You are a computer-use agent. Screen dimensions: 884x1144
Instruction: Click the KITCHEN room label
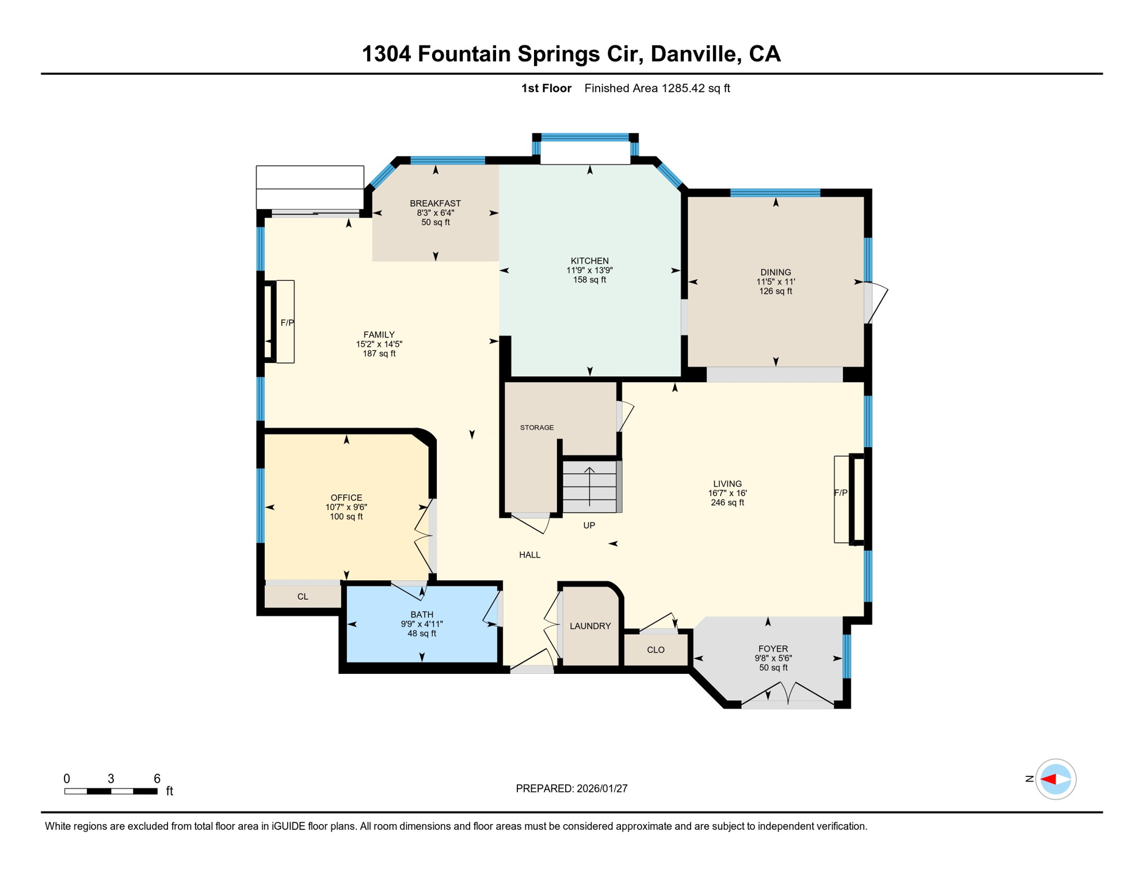pyautogui.click(x=589, y=261)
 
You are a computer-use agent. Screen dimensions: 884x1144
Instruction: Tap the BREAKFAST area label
pyautogui.click(x=435, y=203)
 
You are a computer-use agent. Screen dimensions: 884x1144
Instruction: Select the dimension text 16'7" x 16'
pyautogui.click(x=727, y=493)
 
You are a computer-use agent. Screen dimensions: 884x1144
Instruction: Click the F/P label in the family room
pyautogui.click(x=287, y=323)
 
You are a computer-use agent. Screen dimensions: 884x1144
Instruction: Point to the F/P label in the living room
pyautogui.click(x=840, y=493)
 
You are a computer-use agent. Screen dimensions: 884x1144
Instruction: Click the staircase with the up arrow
pyautogui.click(x=589, y=486)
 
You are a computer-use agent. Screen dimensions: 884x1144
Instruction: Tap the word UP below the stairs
pyautogui.click(x=589, y=525)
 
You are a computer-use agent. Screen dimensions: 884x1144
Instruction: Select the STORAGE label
pyautogui.click(x=536, y=428)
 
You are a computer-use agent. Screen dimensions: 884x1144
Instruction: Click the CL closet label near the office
pyautogui.click(x=303, y=597)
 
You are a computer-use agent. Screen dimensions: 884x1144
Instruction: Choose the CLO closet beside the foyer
pyautogui.click(x=655, y=650)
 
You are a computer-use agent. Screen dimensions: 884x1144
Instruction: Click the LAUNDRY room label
pyautogui.click(x=590, y=626)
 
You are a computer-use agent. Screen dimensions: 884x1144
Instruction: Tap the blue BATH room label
pyautogui.click(x=422, y=615)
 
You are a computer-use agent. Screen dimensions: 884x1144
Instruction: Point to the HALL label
pyautogui.click(x=529, y=555)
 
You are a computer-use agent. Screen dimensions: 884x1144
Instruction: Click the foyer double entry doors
pyautogui.click(x=787, y=695)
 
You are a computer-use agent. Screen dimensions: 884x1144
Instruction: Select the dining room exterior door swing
pyautogui.click(x=876, y=302)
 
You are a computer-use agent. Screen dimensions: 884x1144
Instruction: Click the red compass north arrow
pyautogui.click(x=1048, y=779)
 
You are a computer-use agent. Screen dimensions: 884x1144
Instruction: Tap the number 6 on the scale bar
pyautogui.click(x=157, y=779)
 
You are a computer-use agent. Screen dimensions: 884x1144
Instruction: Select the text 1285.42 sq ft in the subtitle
pyautogui.click(x=695, y=88)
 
